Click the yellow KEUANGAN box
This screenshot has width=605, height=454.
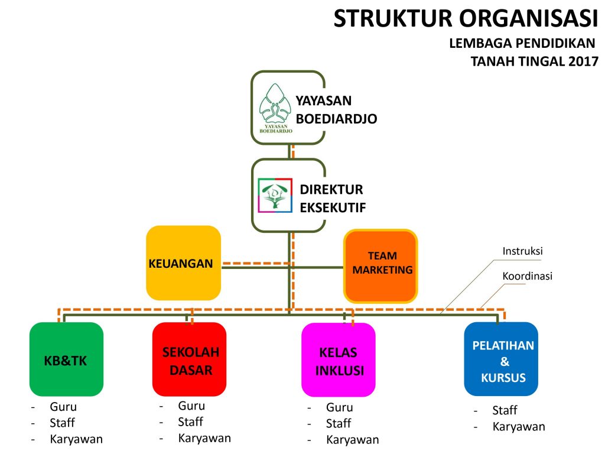tap(183, 263)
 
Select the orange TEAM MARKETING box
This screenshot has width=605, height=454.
tap(381, 266)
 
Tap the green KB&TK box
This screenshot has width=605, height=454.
tap(66, 359)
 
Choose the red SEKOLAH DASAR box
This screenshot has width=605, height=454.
tap(190, 359)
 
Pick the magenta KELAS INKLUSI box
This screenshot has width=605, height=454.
tap(339, 360)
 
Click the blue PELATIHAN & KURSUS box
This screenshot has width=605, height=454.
tap(501, 359)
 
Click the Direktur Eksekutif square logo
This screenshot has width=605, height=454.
tap(275, 195)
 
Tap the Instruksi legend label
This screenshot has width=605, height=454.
tap(522, 251)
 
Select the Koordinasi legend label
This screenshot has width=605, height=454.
tap(527, 276)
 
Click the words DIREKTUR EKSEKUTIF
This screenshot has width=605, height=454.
tap(333, 199)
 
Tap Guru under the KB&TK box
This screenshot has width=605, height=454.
tap(63, 407)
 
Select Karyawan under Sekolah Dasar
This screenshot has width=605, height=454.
tap(204, 438)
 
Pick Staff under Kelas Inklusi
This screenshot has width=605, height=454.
tap(339, 423)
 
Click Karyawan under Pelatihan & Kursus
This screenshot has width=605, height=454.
tap(519, 427)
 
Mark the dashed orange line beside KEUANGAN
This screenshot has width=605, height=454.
tap(256, 264)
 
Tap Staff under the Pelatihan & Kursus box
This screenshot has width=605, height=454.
tap(505, 410)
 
